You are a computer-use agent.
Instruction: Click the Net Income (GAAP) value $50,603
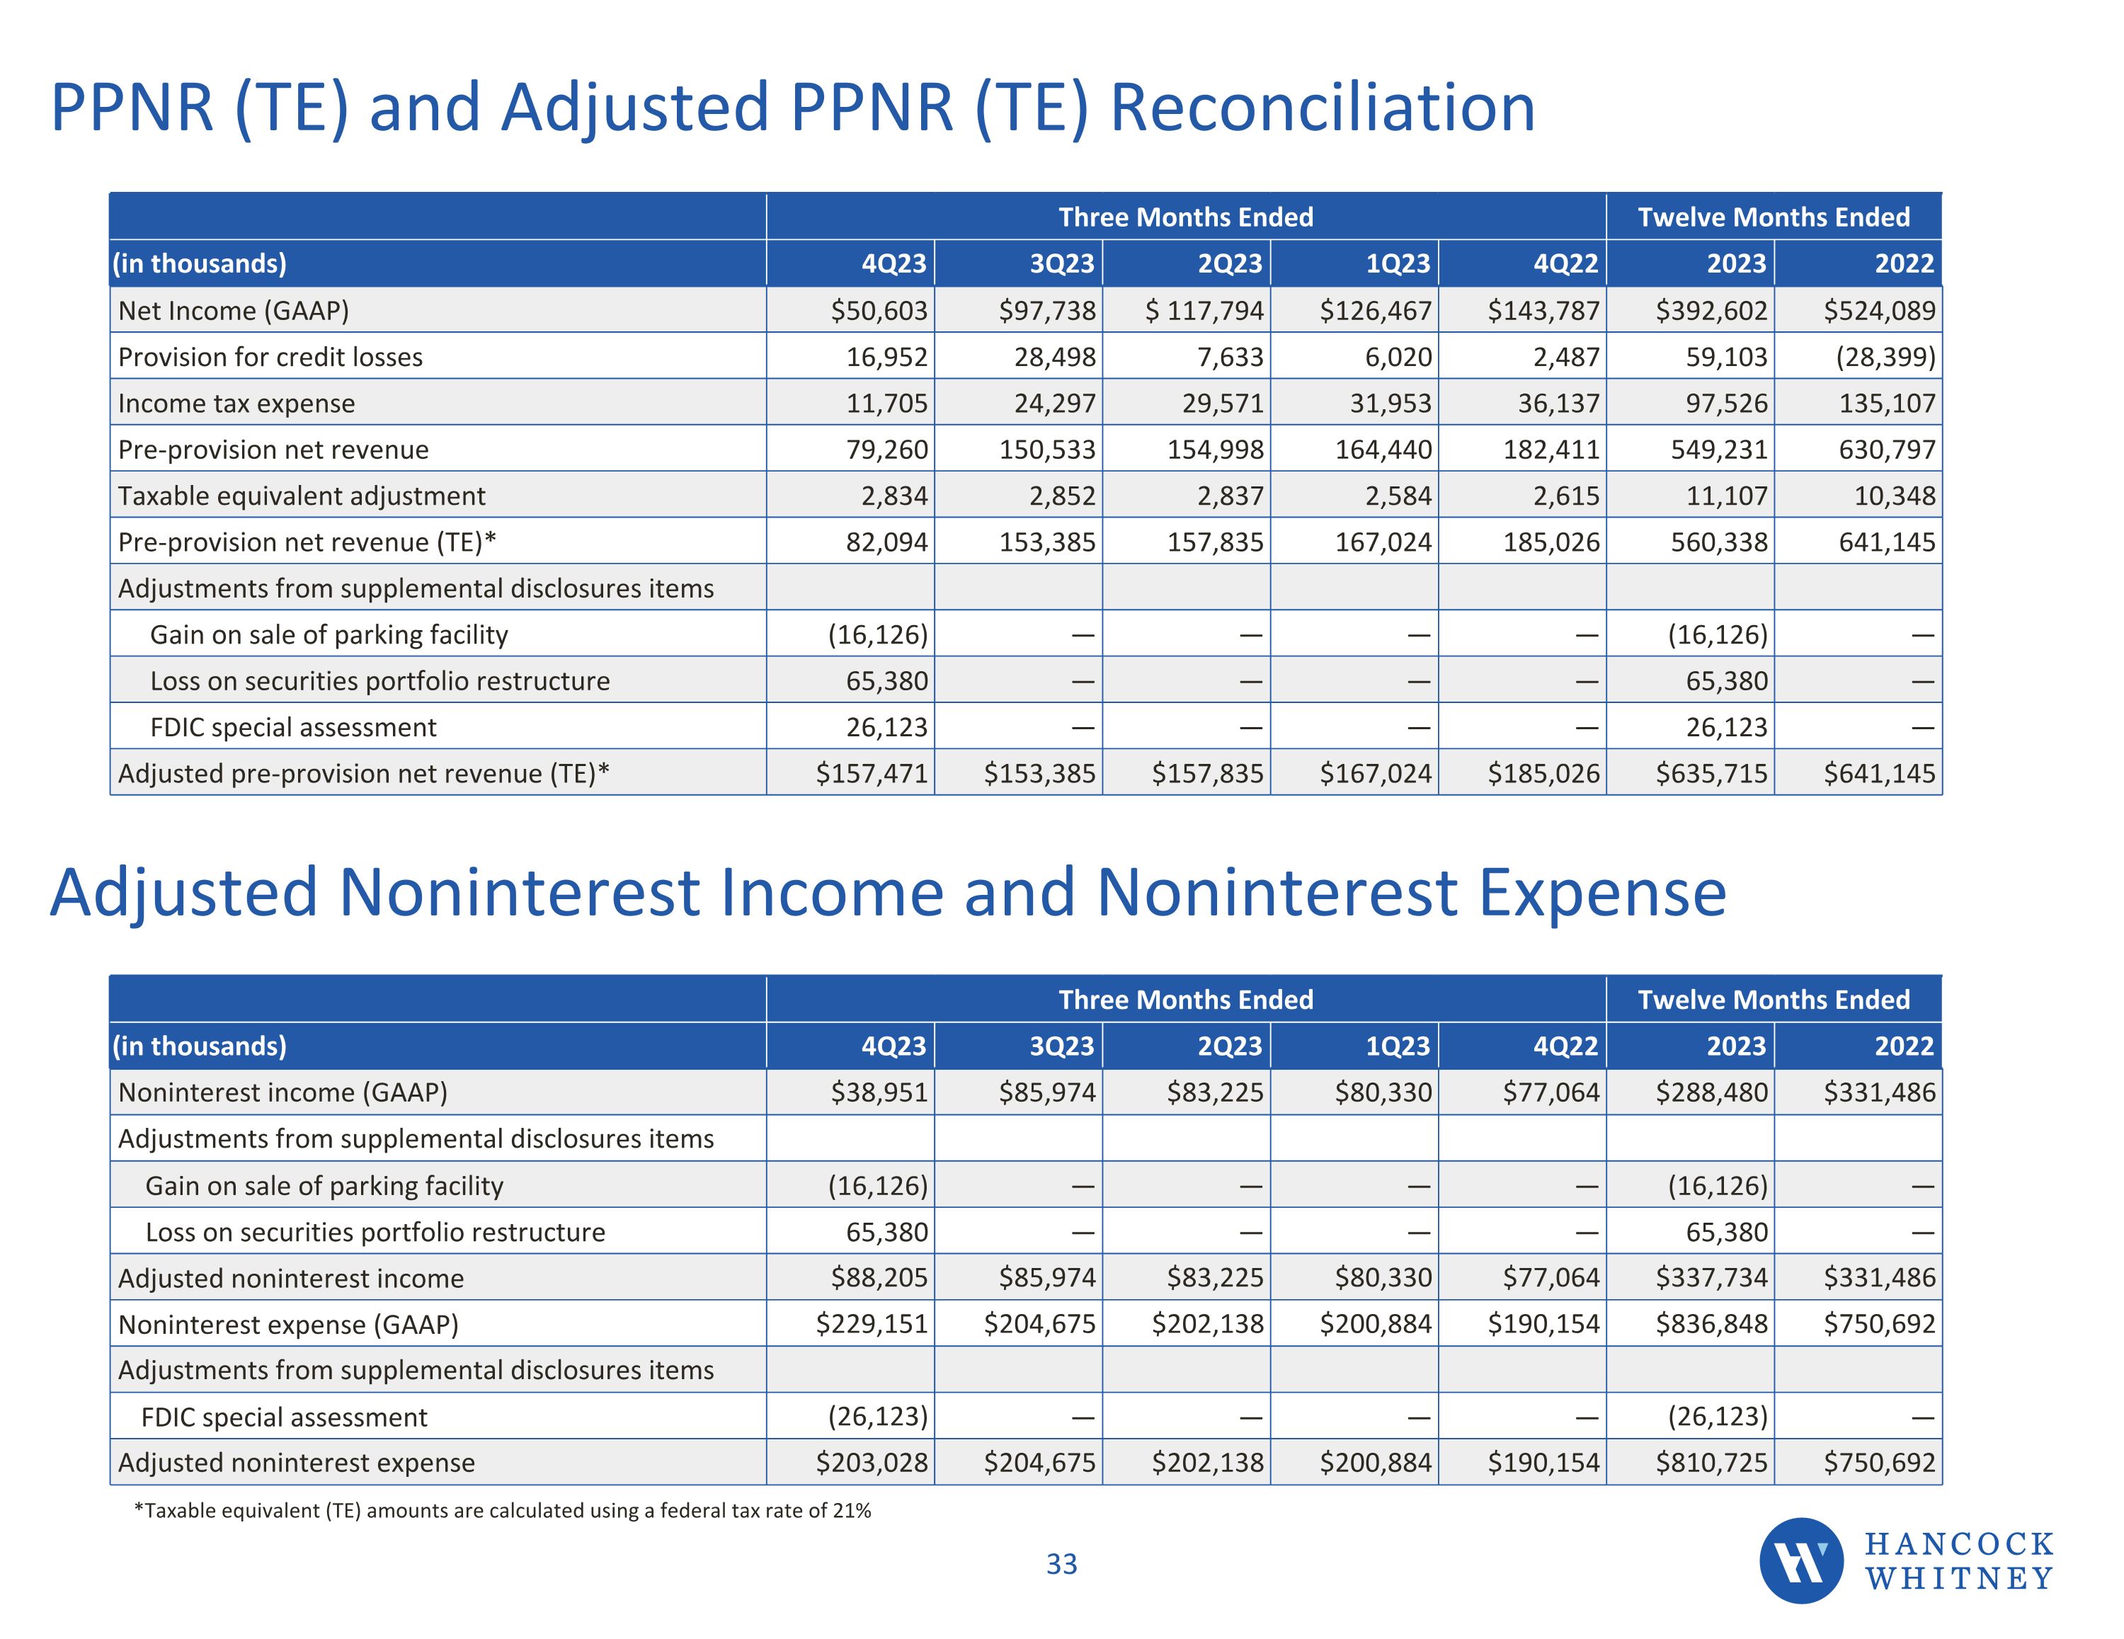tap(878, 310)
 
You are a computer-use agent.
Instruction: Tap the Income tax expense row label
tap(236, 403)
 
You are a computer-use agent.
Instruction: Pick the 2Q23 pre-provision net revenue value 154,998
tap(1215, 450)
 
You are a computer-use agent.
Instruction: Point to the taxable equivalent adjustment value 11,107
tap(1726, 496)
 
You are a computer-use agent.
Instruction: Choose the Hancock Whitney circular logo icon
tap(1801, 1560)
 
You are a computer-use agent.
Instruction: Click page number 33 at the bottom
tap(1061, 1564)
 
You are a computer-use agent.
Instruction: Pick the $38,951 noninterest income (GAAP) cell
tap(878, 1092)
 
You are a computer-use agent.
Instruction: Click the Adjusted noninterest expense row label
tap(297, 1462)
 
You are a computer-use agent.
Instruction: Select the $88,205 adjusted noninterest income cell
tap(878, 1277)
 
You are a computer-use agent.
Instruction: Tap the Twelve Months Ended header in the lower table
tap(1773, 999)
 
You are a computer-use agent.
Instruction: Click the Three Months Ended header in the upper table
tap(1185, 216)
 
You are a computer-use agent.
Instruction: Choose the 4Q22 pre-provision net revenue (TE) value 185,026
tap(1551, 542)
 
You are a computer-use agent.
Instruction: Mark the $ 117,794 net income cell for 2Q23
tap(1204, 310)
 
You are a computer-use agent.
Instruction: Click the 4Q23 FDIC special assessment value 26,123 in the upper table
tap(886, 726)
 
